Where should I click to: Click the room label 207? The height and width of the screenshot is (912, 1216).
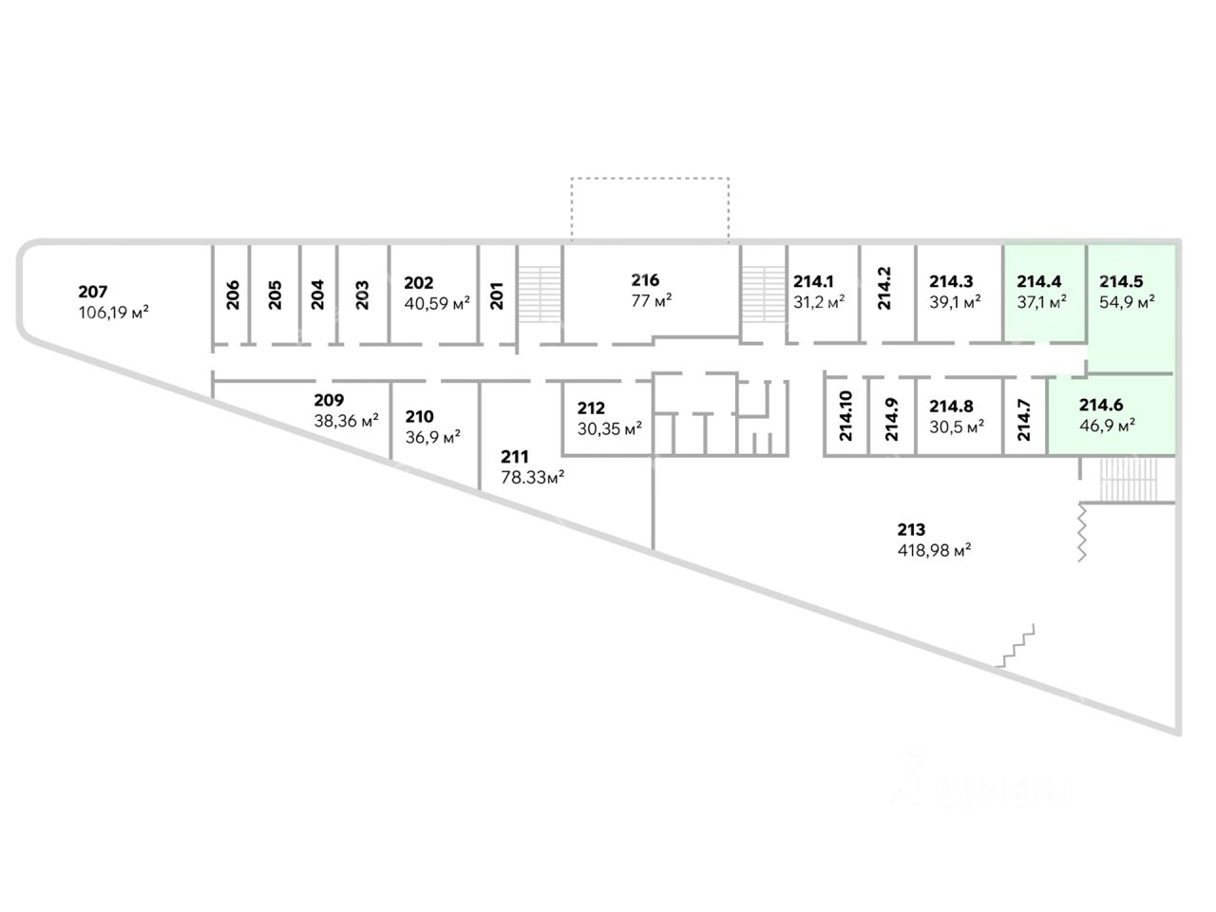click(92, 292)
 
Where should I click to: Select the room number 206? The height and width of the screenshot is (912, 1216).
click(233, 294)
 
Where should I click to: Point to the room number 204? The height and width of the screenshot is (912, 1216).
click(318, 294)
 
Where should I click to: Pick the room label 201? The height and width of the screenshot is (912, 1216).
click(496, 294)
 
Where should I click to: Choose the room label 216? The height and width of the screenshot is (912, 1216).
click(645, 280)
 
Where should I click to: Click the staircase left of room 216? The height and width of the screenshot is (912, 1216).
click(539, 292)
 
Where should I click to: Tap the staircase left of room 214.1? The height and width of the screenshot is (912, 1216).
click(762, 292)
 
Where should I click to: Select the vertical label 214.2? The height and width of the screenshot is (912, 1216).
click(885, 289)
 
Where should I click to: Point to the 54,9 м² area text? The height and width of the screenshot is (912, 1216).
click(1127, 303)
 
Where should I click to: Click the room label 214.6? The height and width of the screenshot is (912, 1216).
click(1100, 406)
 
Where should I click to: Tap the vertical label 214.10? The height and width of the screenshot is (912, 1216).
click(845, 416)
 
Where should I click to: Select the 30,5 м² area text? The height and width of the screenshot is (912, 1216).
click(956, 427)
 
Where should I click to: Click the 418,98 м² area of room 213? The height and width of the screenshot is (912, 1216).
click(933, 550)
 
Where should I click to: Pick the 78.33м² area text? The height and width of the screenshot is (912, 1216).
click(533, 478)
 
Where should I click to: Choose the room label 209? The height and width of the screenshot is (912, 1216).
click(329, 400)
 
